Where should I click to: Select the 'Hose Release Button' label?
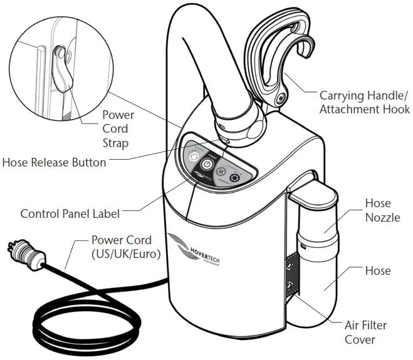(x=54, y=163)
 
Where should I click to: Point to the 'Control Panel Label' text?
(x=70, y=213)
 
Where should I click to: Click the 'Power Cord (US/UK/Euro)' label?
(x=122, y=246)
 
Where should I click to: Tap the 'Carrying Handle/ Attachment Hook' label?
(x=364, y=103)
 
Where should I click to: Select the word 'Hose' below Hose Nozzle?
(x=378, y=270)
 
